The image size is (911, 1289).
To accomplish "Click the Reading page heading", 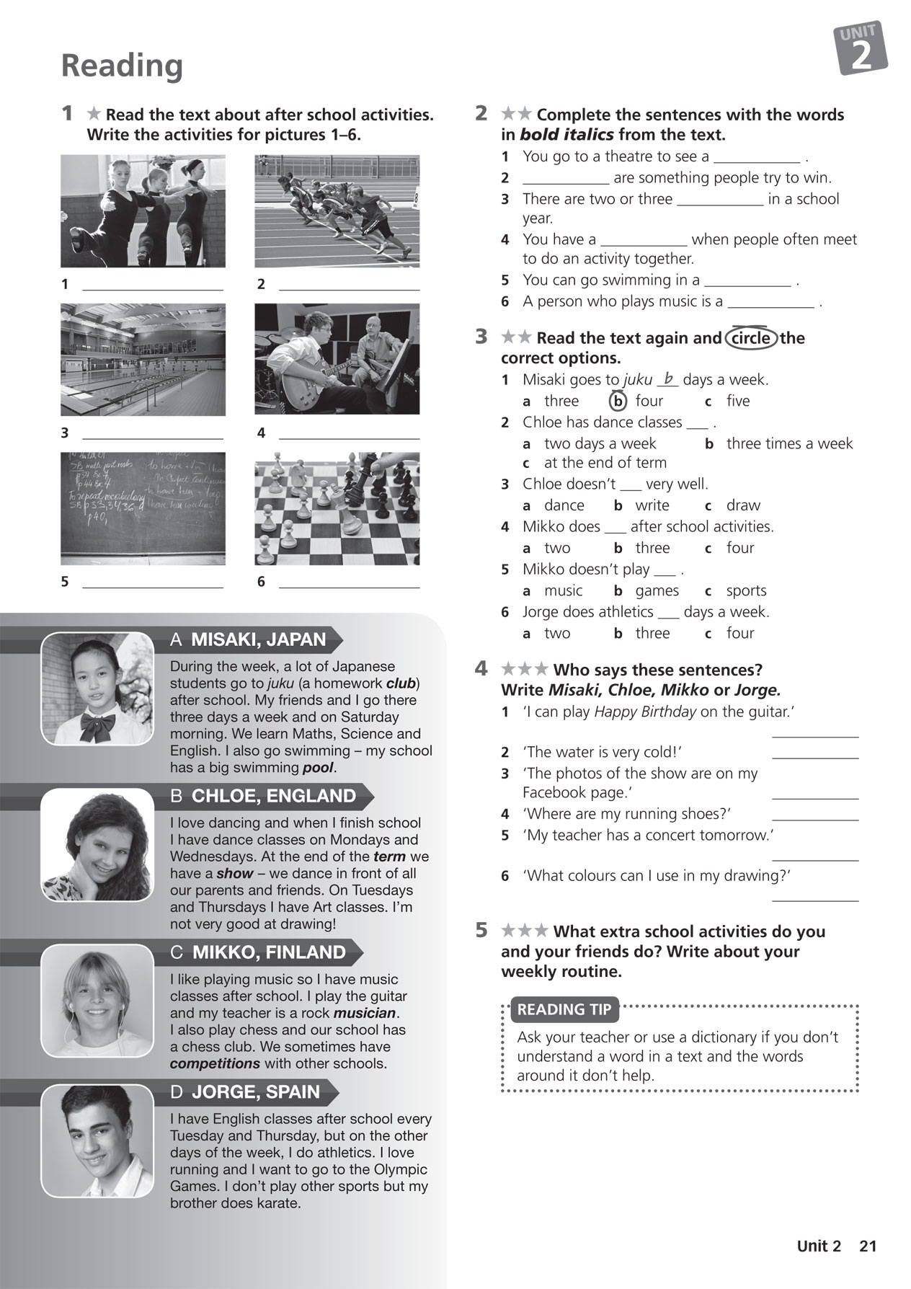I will click(x=122, y=66).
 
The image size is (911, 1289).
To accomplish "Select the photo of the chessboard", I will click(x=337, y=508).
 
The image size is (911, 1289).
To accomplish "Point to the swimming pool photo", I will click(x=143, y=359).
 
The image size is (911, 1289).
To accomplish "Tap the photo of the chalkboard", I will click(x=143, y=508).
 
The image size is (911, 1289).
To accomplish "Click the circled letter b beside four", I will click(x=618, y=401).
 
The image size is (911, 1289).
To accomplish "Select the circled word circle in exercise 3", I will click(x=751, y=338).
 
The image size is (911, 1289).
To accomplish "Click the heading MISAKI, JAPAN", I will click(x=257, y=639).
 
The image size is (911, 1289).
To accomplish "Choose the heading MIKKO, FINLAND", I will click(x=267, y=952).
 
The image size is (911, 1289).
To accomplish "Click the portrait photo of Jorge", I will click(x=97, y=1141).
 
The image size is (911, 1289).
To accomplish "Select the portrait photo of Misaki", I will click(x=97, y=688).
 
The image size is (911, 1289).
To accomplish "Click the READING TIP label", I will click(x=564, y=1010).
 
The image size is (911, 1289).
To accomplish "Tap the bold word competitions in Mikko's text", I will click(x=215, y=1063).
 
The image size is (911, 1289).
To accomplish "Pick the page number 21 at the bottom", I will click(x=868, y=1246).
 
